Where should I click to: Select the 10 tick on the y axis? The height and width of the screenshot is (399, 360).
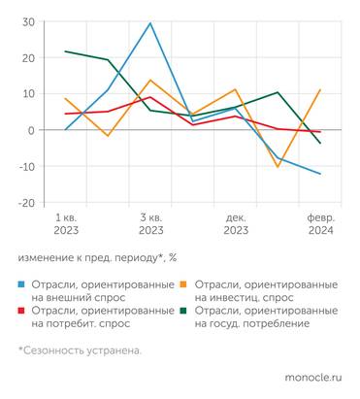[x=29, y=94]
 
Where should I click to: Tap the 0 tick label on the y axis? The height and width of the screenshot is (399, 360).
[x=32, y=130]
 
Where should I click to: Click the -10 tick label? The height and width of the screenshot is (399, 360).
[x=27, y=166]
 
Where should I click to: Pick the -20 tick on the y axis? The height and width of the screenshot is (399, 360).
[x=27, y=202]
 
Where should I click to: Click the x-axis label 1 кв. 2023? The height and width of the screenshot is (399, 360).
[x=66, y=225]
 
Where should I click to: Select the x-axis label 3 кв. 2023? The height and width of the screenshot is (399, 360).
[x=150, y=225]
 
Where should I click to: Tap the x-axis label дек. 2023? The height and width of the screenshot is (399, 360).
[x=236, y=225]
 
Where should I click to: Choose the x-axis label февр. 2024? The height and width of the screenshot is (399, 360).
[x=320, y=225]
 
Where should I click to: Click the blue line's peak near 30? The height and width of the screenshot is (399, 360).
[x=150, y=23]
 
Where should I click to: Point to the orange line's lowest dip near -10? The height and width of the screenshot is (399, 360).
[x=278, y=167]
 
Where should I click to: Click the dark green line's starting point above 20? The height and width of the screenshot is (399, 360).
[x=66, y=51]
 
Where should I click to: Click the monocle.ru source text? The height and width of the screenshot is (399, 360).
[x=312, y=377]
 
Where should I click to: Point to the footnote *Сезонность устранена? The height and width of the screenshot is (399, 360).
[x=79, y=350]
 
